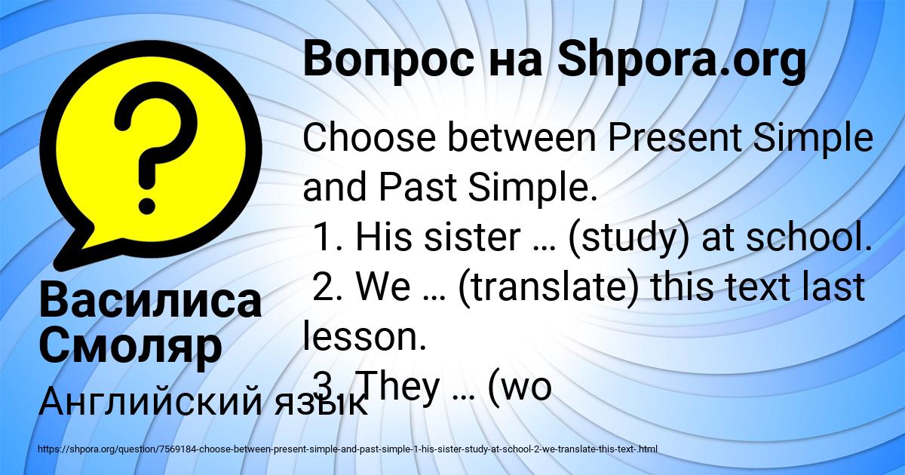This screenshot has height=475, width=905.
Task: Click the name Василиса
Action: click(150, 301)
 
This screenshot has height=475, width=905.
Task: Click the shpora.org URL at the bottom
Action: click(347, 449)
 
